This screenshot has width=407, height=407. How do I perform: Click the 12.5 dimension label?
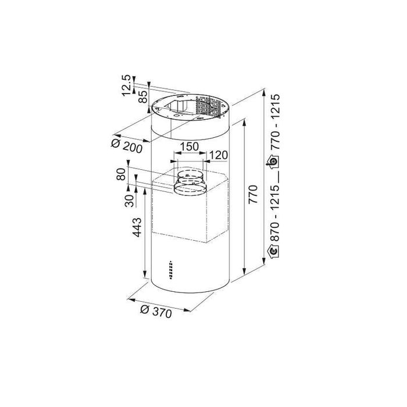click(x=127, y=85)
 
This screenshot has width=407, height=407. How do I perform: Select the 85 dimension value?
click(x=143, y=97)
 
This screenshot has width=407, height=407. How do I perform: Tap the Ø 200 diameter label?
click(x=127, y=147)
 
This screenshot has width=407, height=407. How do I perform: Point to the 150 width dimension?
click(x=189, y=147)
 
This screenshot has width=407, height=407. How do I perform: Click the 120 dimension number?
click(x=218, y=155)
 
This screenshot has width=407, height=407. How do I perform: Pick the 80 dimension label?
click(x=121, y=174)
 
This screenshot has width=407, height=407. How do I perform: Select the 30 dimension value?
click(x=129, y=201)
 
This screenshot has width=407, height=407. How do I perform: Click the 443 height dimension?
click(x=137, y=227)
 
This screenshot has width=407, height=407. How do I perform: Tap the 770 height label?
click(x=253, y=194)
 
